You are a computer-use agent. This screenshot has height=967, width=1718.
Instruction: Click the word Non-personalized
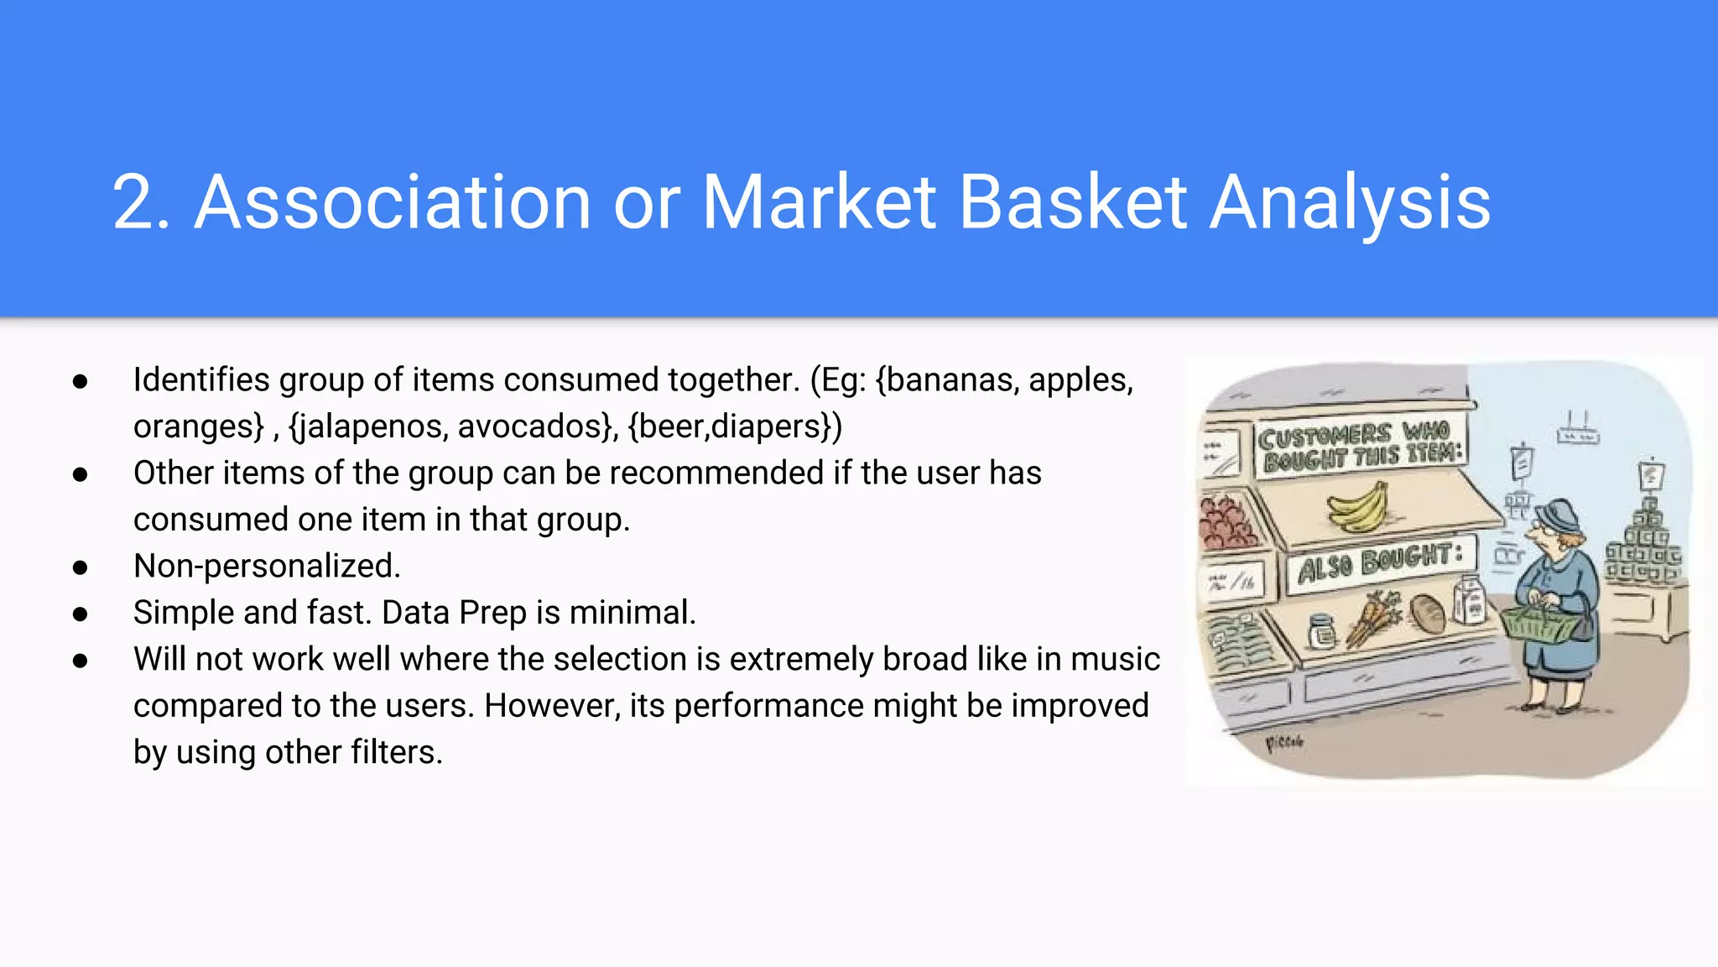(x=267, y=566)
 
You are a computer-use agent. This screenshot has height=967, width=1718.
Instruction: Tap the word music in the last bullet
(x=1115, y=659)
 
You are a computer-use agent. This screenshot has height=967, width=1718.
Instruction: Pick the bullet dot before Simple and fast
(x=81, y=614)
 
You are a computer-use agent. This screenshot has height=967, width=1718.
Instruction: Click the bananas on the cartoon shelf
(x=1357, y=509)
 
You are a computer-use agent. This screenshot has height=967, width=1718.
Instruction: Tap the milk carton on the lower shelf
(x=1469, y=601)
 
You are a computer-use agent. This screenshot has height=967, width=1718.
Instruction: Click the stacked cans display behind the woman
(x=1644, y=546)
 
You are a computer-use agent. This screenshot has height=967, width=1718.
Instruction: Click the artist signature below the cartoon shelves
(x=1283, y=743)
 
